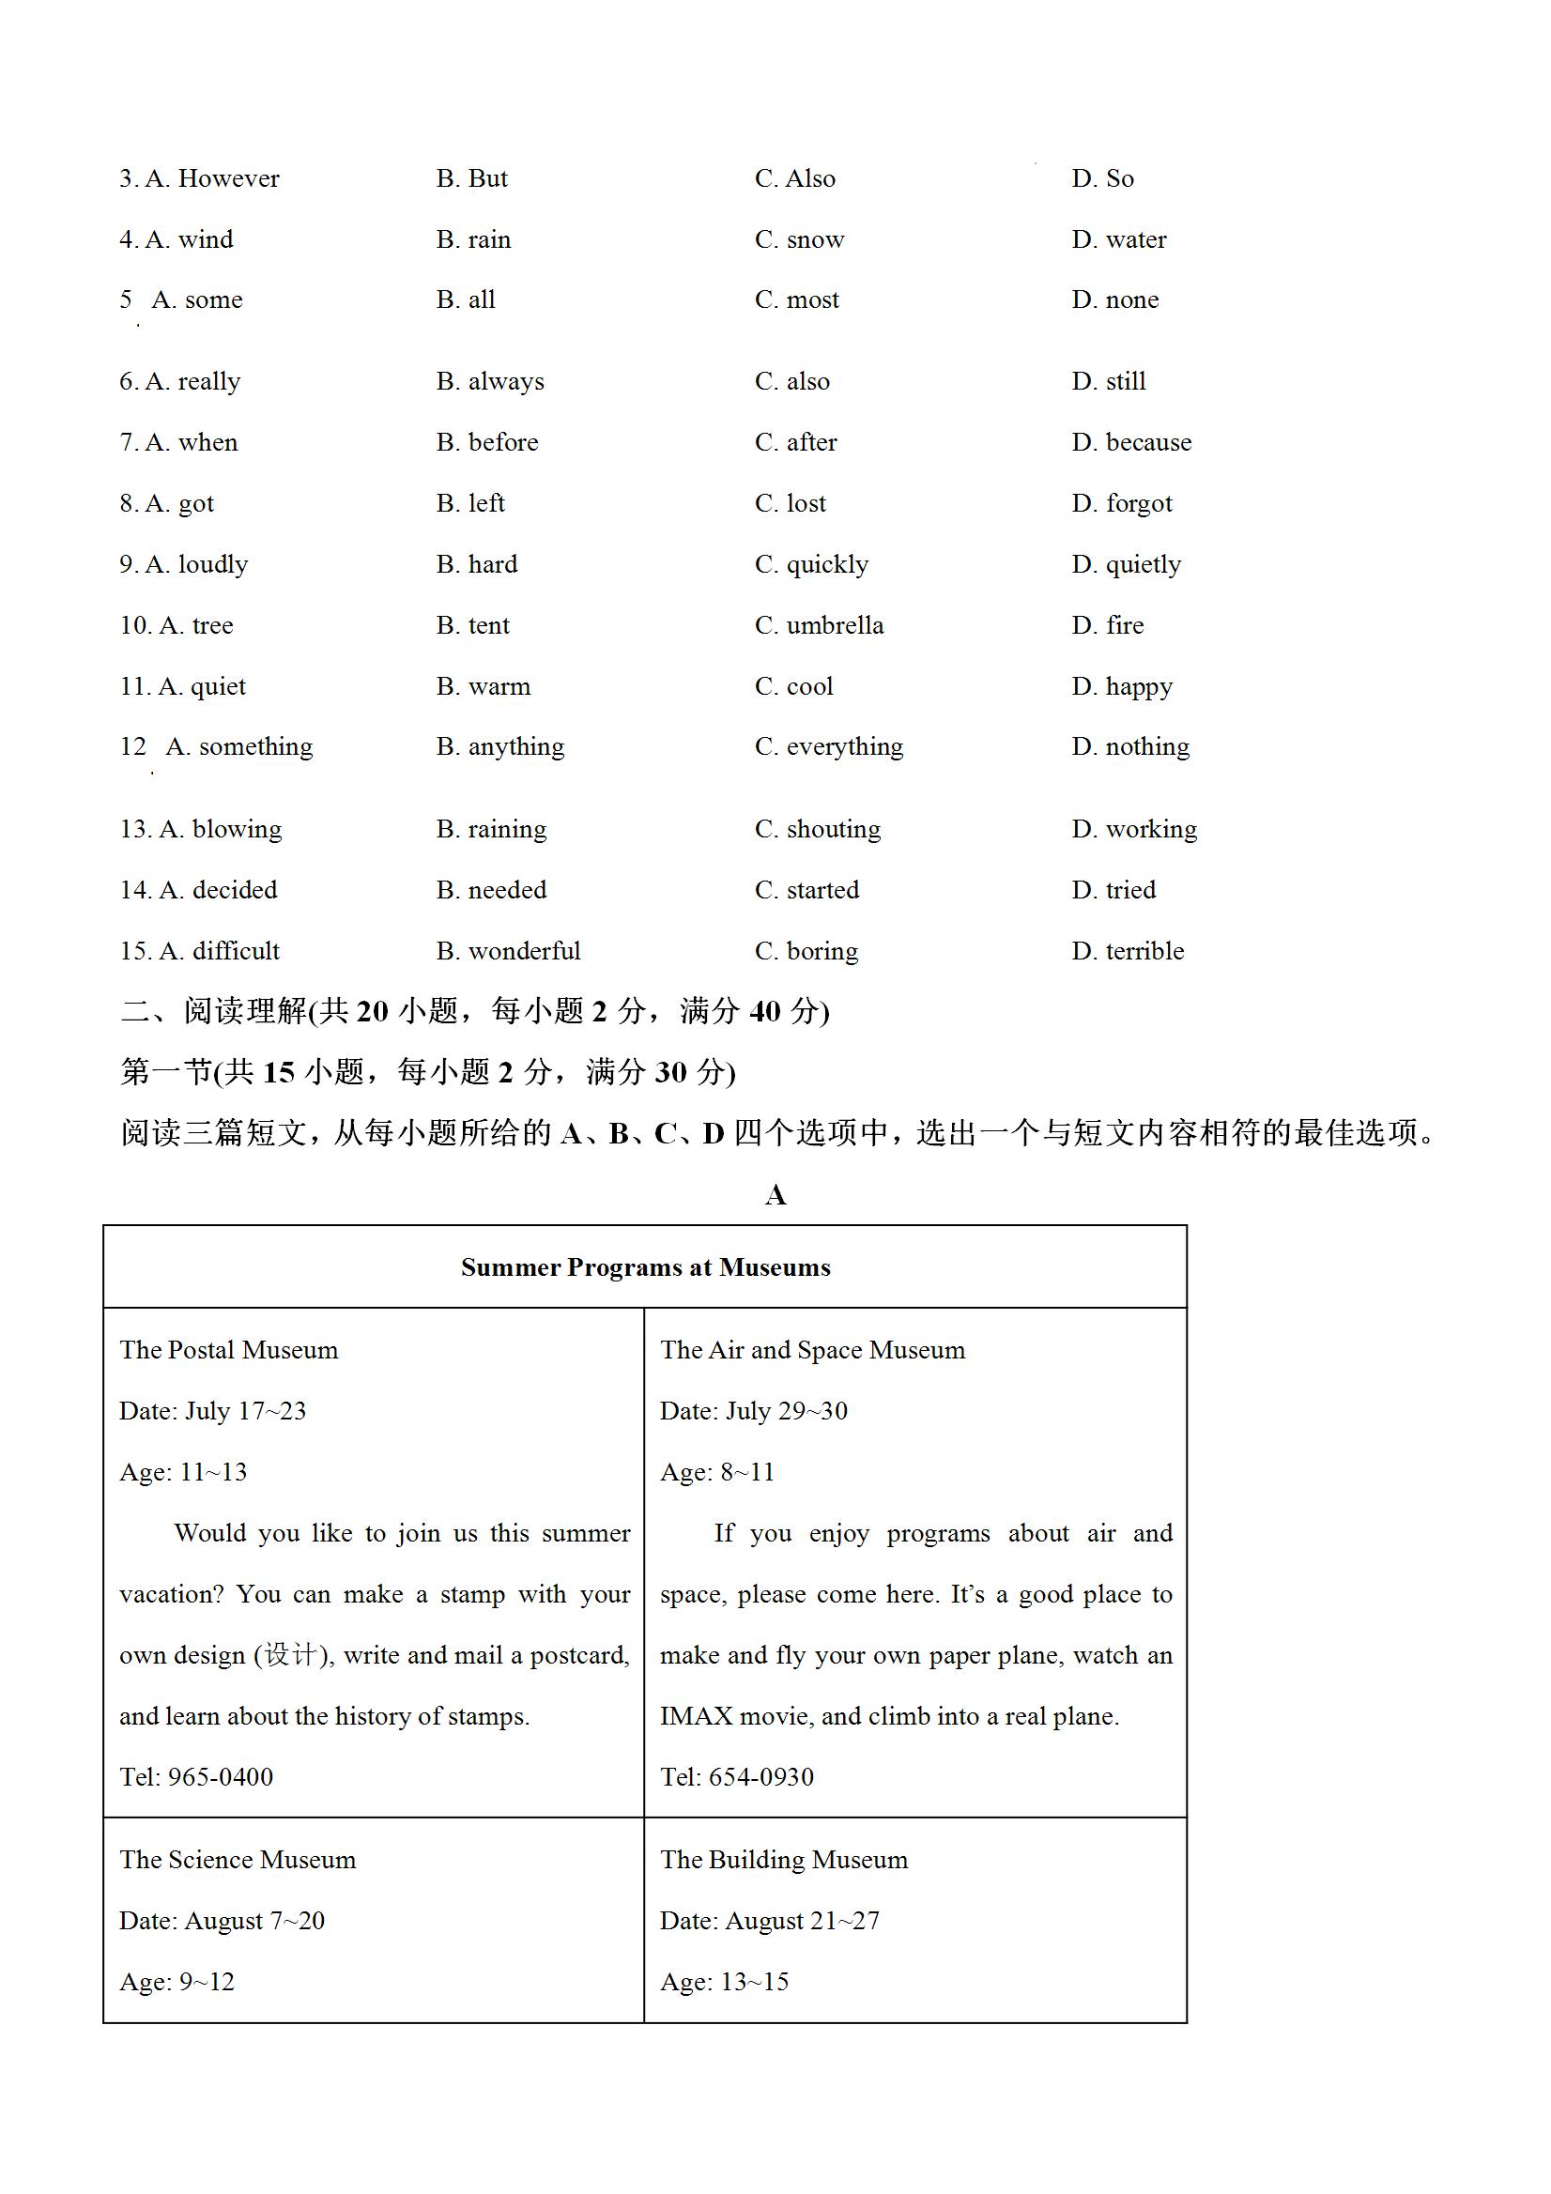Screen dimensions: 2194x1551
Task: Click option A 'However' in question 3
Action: [x=212, y=178]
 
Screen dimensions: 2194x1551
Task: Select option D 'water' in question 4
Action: [x=1118, y=239]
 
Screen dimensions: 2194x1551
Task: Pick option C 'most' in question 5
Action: [x=796, y=300]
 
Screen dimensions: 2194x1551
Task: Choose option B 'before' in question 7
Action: [x=486, y=442]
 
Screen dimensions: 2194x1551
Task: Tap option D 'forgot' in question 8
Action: [x=1121, y=503]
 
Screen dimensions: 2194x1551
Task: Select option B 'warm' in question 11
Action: [x=483, y=687]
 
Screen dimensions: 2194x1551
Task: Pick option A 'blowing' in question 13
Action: [x=220, y=830]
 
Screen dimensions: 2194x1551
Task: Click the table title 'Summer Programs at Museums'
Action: [x=645, y=1268]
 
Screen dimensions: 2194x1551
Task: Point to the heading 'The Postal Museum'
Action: [x=228, y=1350]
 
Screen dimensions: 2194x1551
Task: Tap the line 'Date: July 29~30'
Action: [x=753, y=1411]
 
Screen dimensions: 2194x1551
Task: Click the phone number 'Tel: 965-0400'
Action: [x=196, y=1777]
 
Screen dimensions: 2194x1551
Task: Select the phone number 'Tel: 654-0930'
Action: [x=737, y=1777]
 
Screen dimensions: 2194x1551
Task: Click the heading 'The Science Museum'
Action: [x=237, y=1860]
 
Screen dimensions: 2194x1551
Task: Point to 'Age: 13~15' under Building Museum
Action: [x=725, y=1982]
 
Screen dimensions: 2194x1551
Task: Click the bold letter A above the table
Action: [x=775, y=1195]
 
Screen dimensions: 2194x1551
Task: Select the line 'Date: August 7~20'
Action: [x=222, y=1921]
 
